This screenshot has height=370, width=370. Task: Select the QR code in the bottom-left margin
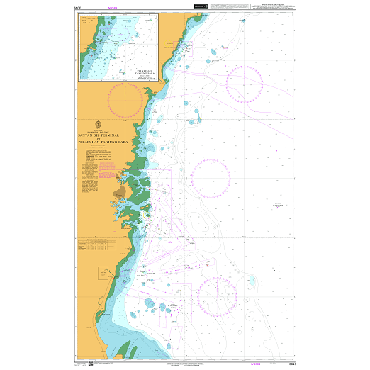point(91,364)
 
